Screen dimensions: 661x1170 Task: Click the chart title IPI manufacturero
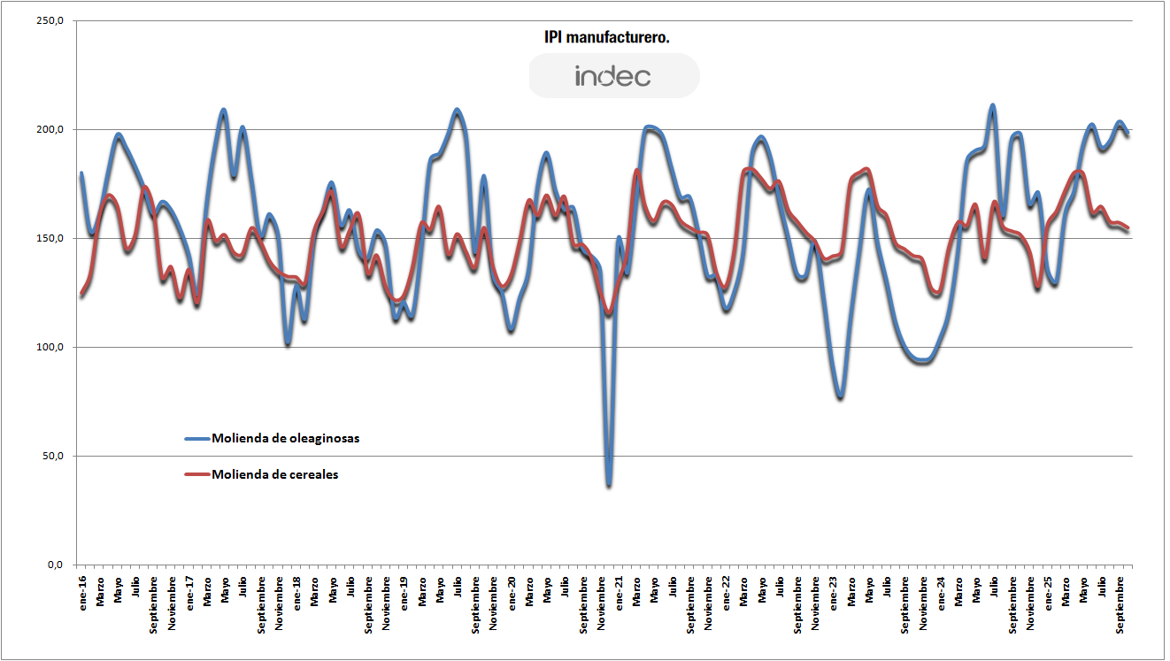(606, 37)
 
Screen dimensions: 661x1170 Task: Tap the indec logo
(613, 76)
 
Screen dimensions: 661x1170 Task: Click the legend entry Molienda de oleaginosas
(285, 438)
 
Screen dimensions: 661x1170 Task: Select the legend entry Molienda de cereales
(274, 474)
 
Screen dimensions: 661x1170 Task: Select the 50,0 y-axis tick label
(54, 457)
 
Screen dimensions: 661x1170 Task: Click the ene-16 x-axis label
(82, 589)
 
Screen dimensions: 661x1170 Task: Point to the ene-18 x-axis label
(296, 589)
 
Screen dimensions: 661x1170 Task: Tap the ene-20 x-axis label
(512, 589)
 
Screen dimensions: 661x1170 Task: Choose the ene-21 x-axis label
(619, 589)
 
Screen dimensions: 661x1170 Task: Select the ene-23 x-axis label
(833, 589)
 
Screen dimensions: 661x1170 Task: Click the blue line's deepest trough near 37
(609, 485)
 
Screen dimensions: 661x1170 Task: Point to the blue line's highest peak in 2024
(993, 106)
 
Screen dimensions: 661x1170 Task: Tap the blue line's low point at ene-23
(840, 397)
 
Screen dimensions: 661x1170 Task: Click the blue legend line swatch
(196, 438)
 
